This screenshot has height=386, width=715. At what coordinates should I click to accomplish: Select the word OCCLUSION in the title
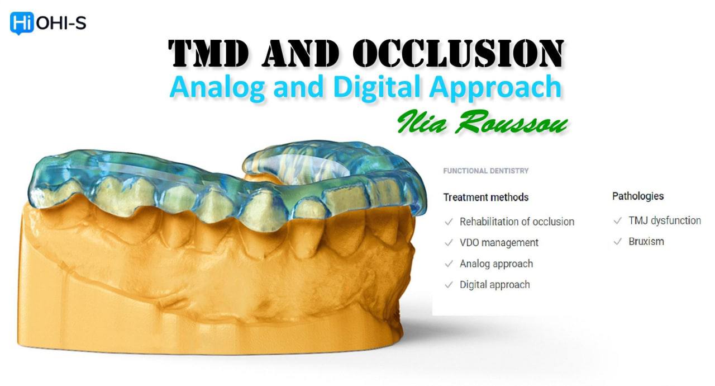point(458,54)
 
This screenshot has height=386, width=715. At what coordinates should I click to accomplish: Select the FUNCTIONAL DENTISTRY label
point(485,171)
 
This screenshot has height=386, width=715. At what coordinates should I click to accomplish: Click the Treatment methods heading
point(485,197)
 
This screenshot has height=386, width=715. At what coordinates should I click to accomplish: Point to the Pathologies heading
point(638,196)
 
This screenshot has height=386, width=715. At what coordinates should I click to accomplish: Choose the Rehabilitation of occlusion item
point(517,222)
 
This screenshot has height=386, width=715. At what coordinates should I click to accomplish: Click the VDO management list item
point(499,243)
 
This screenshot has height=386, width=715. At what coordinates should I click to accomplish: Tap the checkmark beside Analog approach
point(448,264)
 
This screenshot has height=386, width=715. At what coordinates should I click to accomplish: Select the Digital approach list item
point(494,285)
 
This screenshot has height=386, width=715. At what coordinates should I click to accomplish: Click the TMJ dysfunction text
point(664,220)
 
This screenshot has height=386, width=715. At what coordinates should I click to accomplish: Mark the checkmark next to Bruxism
point(617,242)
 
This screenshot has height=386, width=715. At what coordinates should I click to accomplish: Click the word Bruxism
point(646,242)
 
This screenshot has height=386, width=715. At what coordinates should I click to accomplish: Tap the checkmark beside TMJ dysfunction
point(617,220)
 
